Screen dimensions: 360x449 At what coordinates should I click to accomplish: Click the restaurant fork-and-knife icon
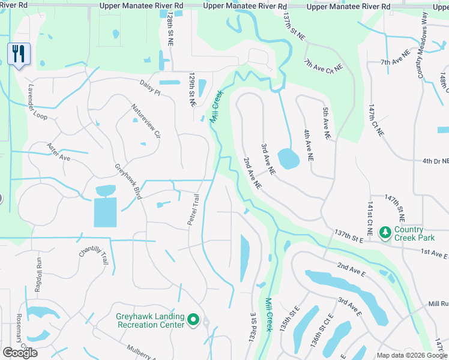[x=19, y=55]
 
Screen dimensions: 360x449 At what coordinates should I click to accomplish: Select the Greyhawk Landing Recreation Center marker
[x=193, y=321]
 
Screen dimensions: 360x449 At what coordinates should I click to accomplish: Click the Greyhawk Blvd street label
[x=128, y=182]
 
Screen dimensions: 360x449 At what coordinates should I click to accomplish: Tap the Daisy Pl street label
[x=150, y=89]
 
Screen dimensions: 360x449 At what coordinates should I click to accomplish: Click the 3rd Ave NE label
[x=268, y=159]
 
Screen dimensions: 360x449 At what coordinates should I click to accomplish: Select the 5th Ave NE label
[x=326, y=124]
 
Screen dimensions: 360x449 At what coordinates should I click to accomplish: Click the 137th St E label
[x=349, y=236]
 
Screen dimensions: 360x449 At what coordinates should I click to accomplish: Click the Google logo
[x=20, y=353]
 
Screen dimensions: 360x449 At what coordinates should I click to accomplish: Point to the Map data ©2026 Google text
[x=412, y=355]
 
